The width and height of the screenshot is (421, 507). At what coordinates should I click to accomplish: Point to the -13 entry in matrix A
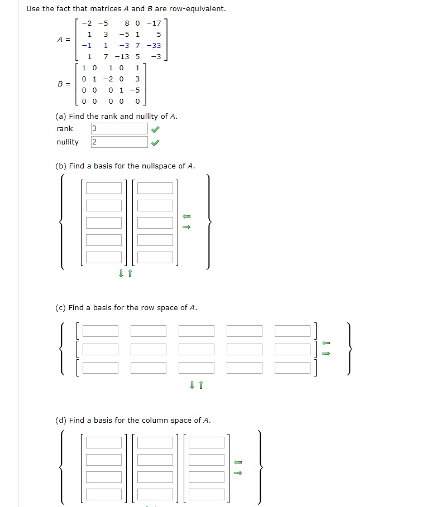(122, 57)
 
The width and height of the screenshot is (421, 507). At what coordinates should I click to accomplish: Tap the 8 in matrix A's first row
(127, 23)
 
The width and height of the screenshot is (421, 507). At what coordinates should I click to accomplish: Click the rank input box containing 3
(119, 129)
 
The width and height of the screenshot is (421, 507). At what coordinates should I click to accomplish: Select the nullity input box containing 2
(119, 142)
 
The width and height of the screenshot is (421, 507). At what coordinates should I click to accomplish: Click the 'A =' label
(64, 40)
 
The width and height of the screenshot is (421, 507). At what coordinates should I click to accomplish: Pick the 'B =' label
(64, 84)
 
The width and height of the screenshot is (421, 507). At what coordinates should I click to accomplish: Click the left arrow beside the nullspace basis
(187, 216)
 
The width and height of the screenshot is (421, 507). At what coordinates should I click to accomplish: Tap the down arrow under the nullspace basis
(121, 273)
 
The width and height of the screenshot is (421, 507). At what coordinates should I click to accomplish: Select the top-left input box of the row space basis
(101, 331)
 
